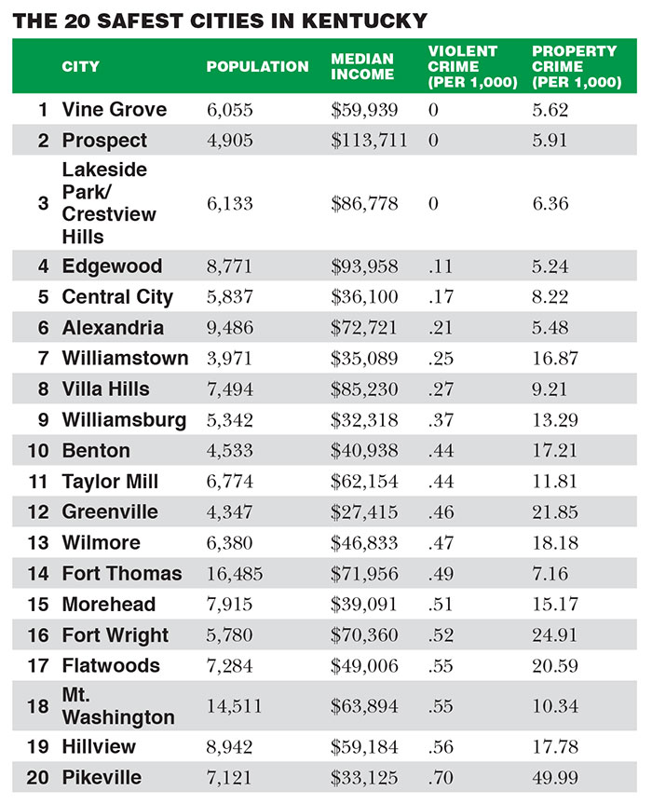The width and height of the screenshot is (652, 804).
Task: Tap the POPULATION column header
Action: tap(257, 67)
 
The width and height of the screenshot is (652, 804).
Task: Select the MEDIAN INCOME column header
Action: tap(363, 67)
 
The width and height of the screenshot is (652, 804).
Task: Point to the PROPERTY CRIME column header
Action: tap(576, 67)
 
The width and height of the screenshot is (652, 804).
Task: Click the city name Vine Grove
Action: tap(115, 110)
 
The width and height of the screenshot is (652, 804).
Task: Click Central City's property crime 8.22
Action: tap(550, 297)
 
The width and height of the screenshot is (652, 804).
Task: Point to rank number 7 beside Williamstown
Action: tap(43, 359)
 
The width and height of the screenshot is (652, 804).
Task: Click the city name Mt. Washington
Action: tap(118, 706)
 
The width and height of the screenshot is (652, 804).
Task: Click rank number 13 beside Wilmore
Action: tap(38, 543)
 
